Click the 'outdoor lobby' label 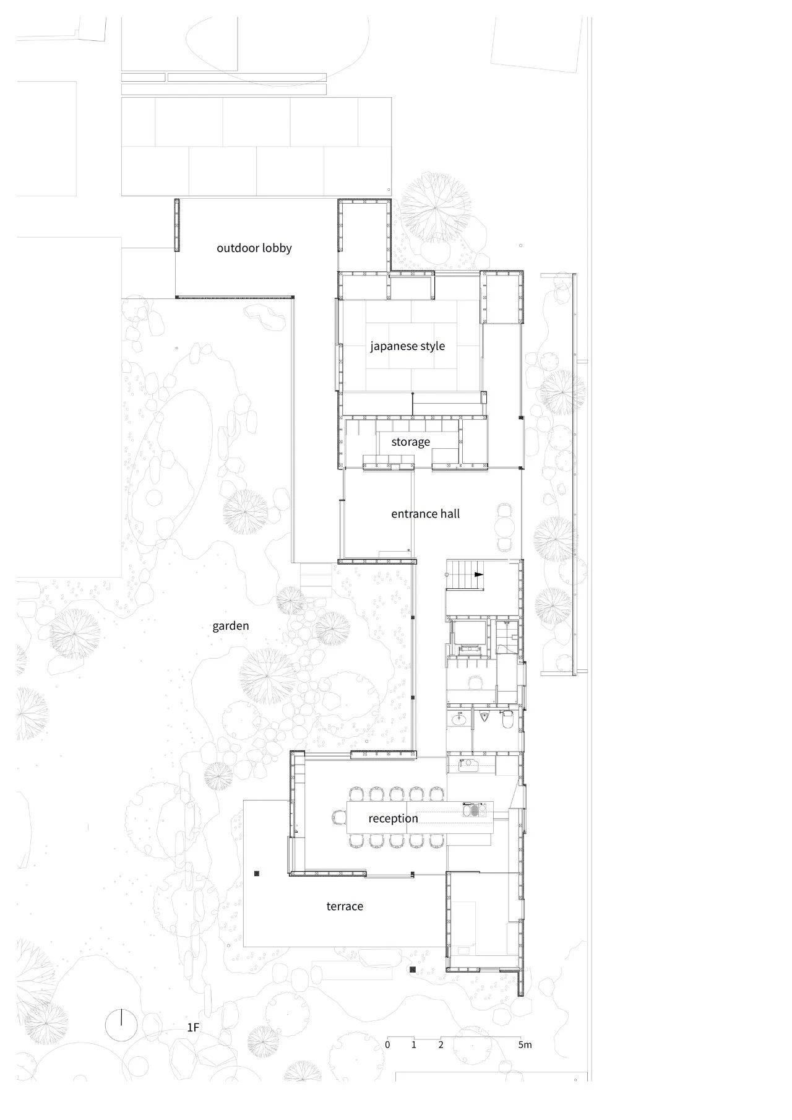coord(254,248)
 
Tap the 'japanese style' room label coord(407,346)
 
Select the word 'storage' coord(410,442)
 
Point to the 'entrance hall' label coord(425,514)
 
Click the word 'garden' coord(230,626)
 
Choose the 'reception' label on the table coord(393,818)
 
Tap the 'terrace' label coord(345,906)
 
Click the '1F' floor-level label coord(193,1028)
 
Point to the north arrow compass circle coord(121,1026)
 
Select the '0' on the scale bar coord(387,1045)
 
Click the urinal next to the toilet coord(484,718)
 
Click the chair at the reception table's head coord(338,818)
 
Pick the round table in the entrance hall coord(506,527)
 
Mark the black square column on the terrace coord(256,874)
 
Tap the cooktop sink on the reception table coord(475,809)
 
